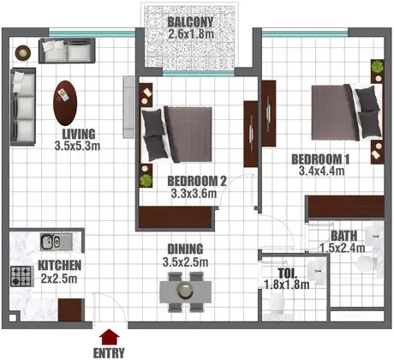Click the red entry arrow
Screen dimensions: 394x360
[x=109, y=337]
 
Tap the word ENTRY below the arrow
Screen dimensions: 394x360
[x=109, y=353]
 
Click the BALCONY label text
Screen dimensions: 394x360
[x=190, y=22]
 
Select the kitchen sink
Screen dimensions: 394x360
[x=57, y=242]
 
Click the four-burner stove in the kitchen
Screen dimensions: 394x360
[x=21, y=277]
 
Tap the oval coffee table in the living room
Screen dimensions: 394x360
[x=65, y=103]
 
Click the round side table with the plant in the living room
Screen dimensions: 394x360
[x=23, y=53]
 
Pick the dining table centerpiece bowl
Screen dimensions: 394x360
[x=186, y=291]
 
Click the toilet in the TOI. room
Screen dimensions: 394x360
[x=277, y=303]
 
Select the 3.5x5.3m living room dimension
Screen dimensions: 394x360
[x=77, y=146]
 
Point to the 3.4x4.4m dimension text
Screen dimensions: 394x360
[x=321, y=171]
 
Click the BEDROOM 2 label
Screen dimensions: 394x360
[x=197, y=181]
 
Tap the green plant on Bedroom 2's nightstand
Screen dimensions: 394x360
[x=146, y=181]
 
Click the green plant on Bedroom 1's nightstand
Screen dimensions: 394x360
[x=377, y=67]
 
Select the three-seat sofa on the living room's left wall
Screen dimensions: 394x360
[x=23, y=106]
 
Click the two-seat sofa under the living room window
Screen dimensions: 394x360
[x=67, y=51]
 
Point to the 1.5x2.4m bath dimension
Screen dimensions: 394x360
[x=343, y=248]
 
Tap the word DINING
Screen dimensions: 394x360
[x=185, y=249]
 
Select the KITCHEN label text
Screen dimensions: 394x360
[x=60, y=266]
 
